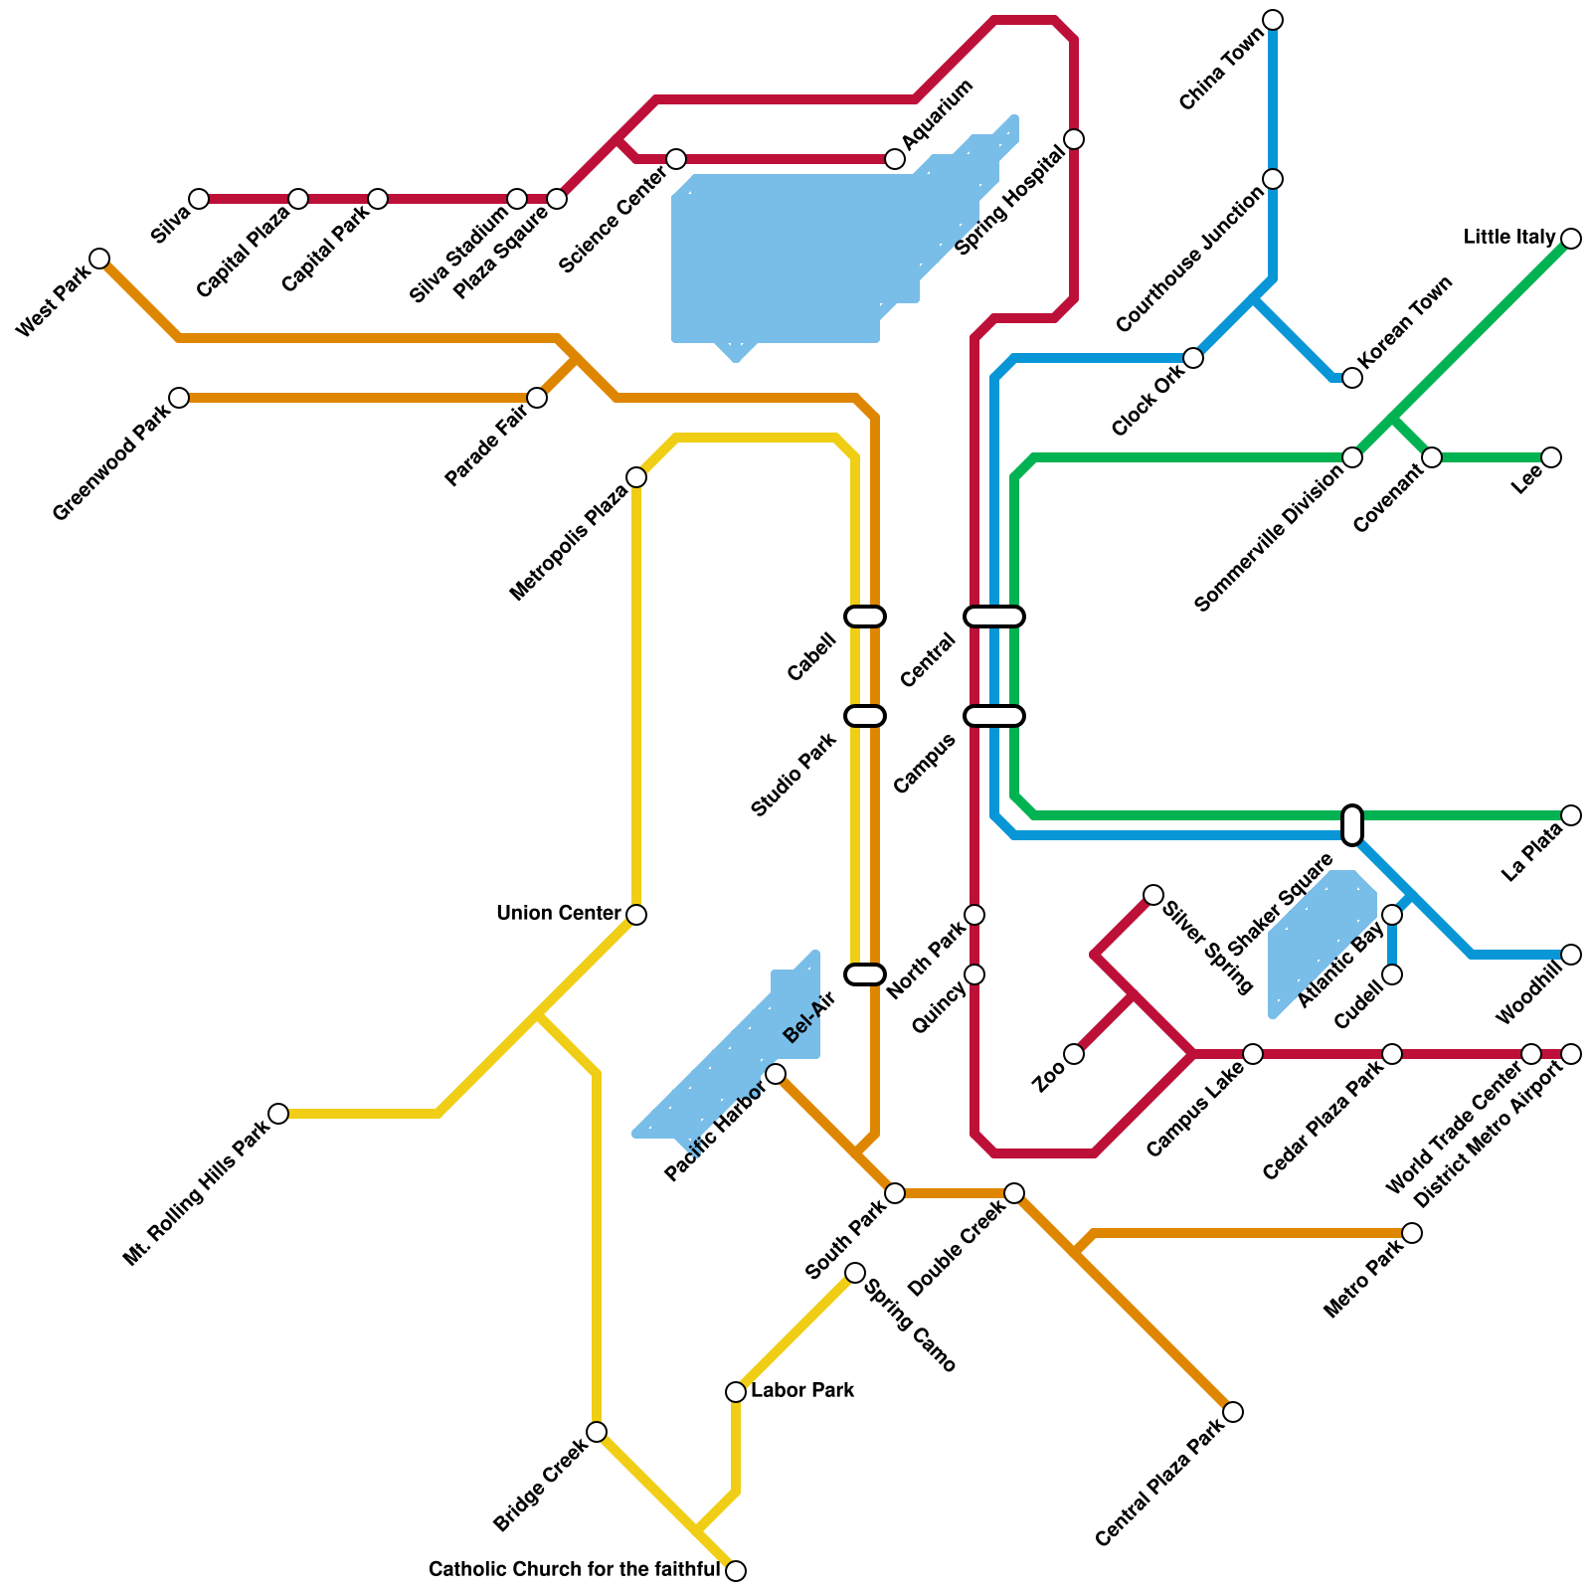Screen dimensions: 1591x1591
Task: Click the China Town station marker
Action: pos(1273,20)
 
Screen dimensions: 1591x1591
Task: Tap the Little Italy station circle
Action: pos(1571,239)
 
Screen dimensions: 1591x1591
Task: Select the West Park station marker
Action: pos(99,259)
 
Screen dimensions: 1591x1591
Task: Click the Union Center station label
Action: pos(559,913)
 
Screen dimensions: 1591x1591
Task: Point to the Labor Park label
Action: pos(802,1390)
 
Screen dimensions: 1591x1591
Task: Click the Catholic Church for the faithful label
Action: pos(574,1570)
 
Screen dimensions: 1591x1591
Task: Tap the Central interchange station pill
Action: pos(994,617)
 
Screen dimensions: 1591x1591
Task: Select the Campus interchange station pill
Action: pos(994,716)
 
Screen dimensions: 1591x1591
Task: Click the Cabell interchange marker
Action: pos(865,617)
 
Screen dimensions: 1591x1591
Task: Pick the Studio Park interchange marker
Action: pos(865,716)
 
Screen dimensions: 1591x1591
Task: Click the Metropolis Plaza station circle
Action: pos(636,477)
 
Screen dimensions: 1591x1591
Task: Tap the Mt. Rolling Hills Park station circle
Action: pos(278,1114)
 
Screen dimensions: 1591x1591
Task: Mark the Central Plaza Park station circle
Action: pos(1233,1412)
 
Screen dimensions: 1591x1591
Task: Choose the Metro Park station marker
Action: pos(1412,1233)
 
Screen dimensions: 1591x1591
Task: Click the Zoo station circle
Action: pos(1074,1054)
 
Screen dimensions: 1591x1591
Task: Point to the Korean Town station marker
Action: pos(1352,378)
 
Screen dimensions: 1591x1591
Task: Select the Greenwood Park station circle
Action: pos(179,398)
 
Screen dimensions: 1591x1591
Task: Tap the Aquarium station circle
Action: pos(895,159)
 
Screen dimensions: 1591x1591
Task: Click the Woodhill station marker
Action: pos(1571,955)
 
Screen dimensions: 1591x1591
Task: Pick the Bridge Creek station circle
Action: pos(597,1432)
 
